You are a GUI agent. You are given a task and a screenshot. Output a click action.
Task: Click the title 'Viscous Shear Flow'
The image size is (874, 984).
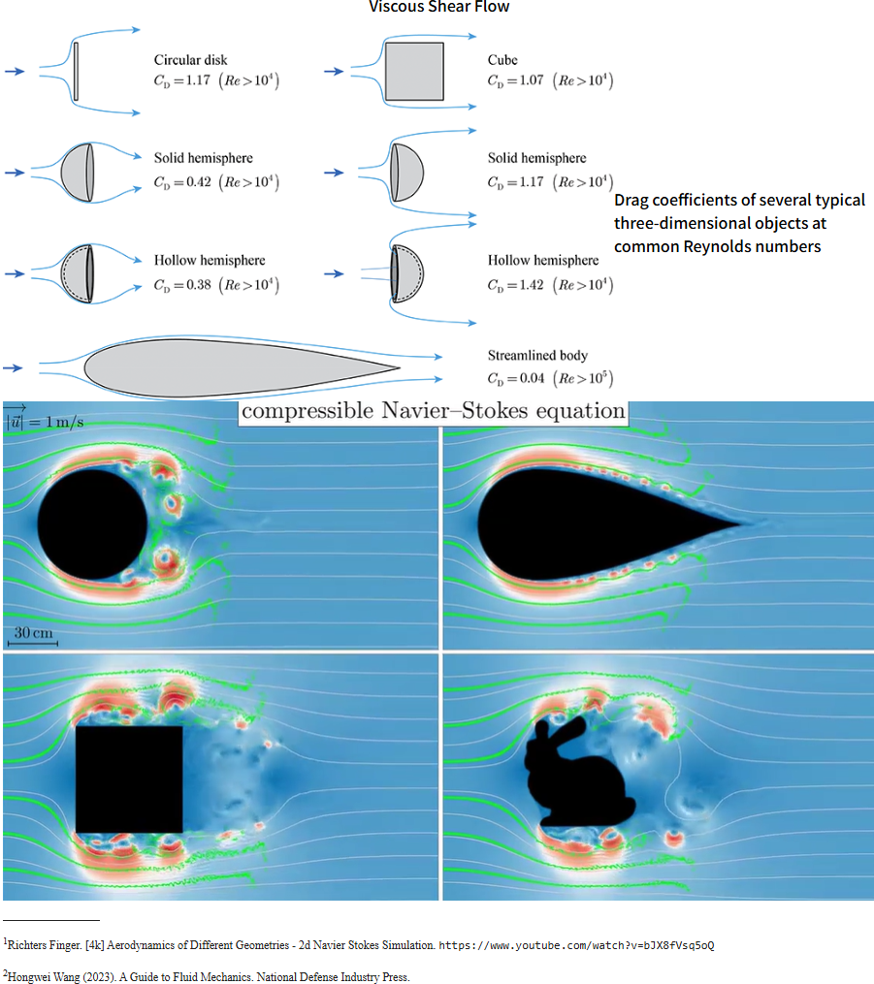pos(438,8)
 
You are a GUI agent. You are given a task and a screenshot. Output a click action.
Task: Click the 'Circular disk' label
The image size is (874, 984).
pos(190,60)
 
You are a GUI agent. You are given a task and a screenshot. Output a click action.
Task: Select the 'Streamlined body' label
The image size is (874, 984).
pos(537,356)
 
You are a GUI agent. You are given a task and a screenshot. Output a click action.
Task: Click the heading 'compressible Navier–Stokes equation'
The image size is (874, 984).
pos(434,411)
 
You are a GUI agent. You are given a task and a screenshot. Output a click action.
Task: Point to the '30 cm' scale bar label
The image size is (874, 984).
pos(33,633)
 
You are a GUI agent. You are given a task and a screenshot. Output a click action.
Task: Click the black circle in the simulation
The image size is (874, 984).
pos(92,524)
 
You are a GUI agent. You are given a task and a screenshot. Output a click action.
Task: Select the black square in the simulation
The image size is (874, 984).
pos(129,779)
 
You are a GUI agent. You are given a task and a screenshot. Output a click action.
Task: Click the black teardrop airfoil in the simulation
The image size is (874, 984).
pos(582,524)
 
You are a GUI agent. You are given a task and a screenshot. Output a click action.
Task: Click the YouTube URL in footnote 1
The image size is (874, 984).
pos(576,944)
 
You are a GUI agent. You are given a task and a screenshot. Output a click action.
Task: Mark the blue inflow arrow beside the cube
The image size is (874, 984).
pos(333,71)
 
